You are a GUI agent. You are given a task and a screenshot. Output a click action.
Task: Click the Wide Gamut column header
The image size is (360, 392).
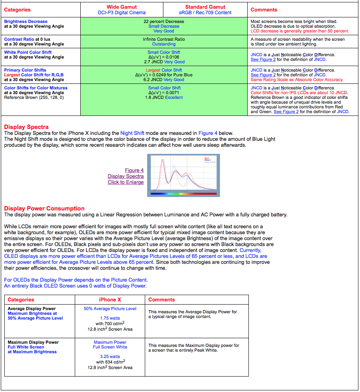[x=122, y=7]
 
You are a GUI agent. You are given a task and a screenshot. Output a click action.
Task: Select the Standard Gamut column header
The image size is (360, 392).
[x=205, y=7]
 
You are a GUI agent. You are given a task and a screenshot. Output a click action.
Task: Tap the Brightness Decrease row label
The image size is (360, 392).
[x=26, y=21]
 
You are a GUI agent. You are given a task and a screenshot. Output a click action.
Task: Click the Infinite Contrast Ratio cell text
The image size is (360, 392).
[x=164, y=39]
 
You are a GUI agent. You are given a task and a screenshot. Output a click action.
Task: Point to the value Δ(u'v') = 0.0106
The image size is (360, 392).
[x=164, y=57]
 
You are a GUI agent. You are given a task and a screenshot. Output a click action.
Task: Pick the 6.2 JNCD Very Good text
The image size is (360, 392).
[x=164, y=80]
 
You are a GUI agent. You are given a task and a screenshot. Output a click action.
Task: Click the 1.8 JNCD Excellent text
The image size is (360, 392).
[x=164, y=97]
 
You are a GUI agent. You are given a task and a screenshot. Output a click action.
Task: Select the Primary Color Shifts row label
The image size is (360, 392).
[x=25, y=70]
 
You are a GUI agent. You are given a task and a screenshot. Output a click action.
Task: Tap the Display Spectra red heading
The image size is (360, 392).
[x=27, y=127]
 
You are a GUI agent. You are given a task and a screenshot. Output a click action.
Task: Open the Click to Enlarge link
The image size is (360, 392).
[x=125, y=182]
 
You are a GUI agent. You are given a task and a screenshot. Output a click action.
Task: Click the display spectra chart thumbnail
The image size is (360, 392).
[x=183, y=175]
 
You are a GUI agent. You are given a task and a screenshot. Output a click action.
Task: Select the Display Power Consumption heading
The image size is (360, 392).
[x=44, y=208]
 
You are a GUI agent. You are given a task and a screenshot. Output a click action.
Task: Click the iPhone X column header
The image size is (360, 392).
[x=110, y=300]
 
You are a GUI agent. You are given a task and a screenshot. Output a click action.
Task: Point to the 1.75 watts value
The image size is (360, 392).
[x=110, y=318]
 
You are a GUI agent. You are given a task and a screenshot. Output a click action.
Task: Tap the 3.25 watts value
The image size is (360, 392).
[x=110, y=356]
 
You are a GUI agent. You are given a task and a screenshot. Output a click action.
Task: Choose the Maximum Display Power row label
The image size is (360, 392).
[x=33, y=342]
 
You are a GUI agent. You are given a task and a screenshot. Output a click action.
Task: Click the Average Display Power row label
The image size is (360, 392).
[x=32, y=309]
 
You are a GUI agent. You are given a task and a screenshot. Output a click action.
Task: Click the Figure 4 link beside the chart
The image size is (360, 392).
[x=134, y=170]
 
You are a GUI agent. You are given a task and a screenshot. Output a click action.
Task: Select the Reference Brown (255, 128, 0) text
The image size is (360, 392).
[x=34, y=97]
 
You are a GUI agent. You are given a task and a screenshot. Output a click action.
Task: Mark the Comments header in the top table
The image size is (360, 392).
[x=264, y=10]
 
